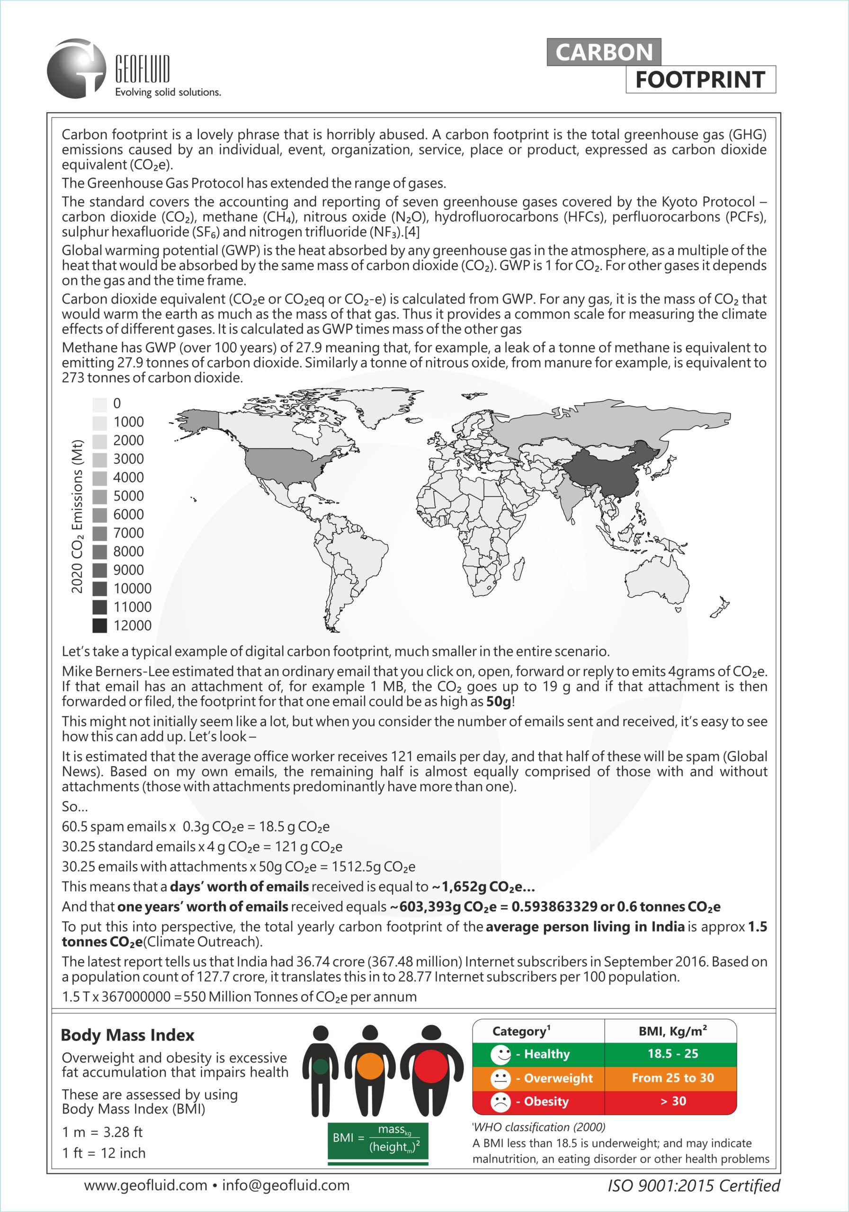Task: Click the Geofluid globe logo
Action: [x=77, y=68]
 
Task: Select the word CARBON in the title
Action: [x=604, y=52]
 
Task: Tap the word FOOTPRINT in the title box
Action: [x=700, y=80]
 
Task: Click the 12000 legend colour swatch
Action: [x=100, y=625]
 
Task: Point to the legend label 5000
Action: [x=128, y=496]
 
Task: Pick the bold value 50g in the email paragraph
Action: [x=498, y=702]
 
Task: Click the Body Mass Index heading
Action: [x=127, y=1034]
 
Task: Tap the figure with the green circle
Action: [x=321, y=1069]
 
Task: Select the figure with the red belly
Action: [x=431, y=1069]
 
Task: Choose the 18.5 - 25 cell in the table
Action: [x=673, y=1054]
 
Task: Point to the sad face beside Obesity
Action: [x=500, y=1101]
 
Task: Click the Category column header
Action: [x=521, y=1031]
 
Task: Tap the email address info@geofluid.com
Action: [x=286, y=1185]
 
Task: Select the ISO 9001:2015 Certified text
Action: [x=693, y=1185]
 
